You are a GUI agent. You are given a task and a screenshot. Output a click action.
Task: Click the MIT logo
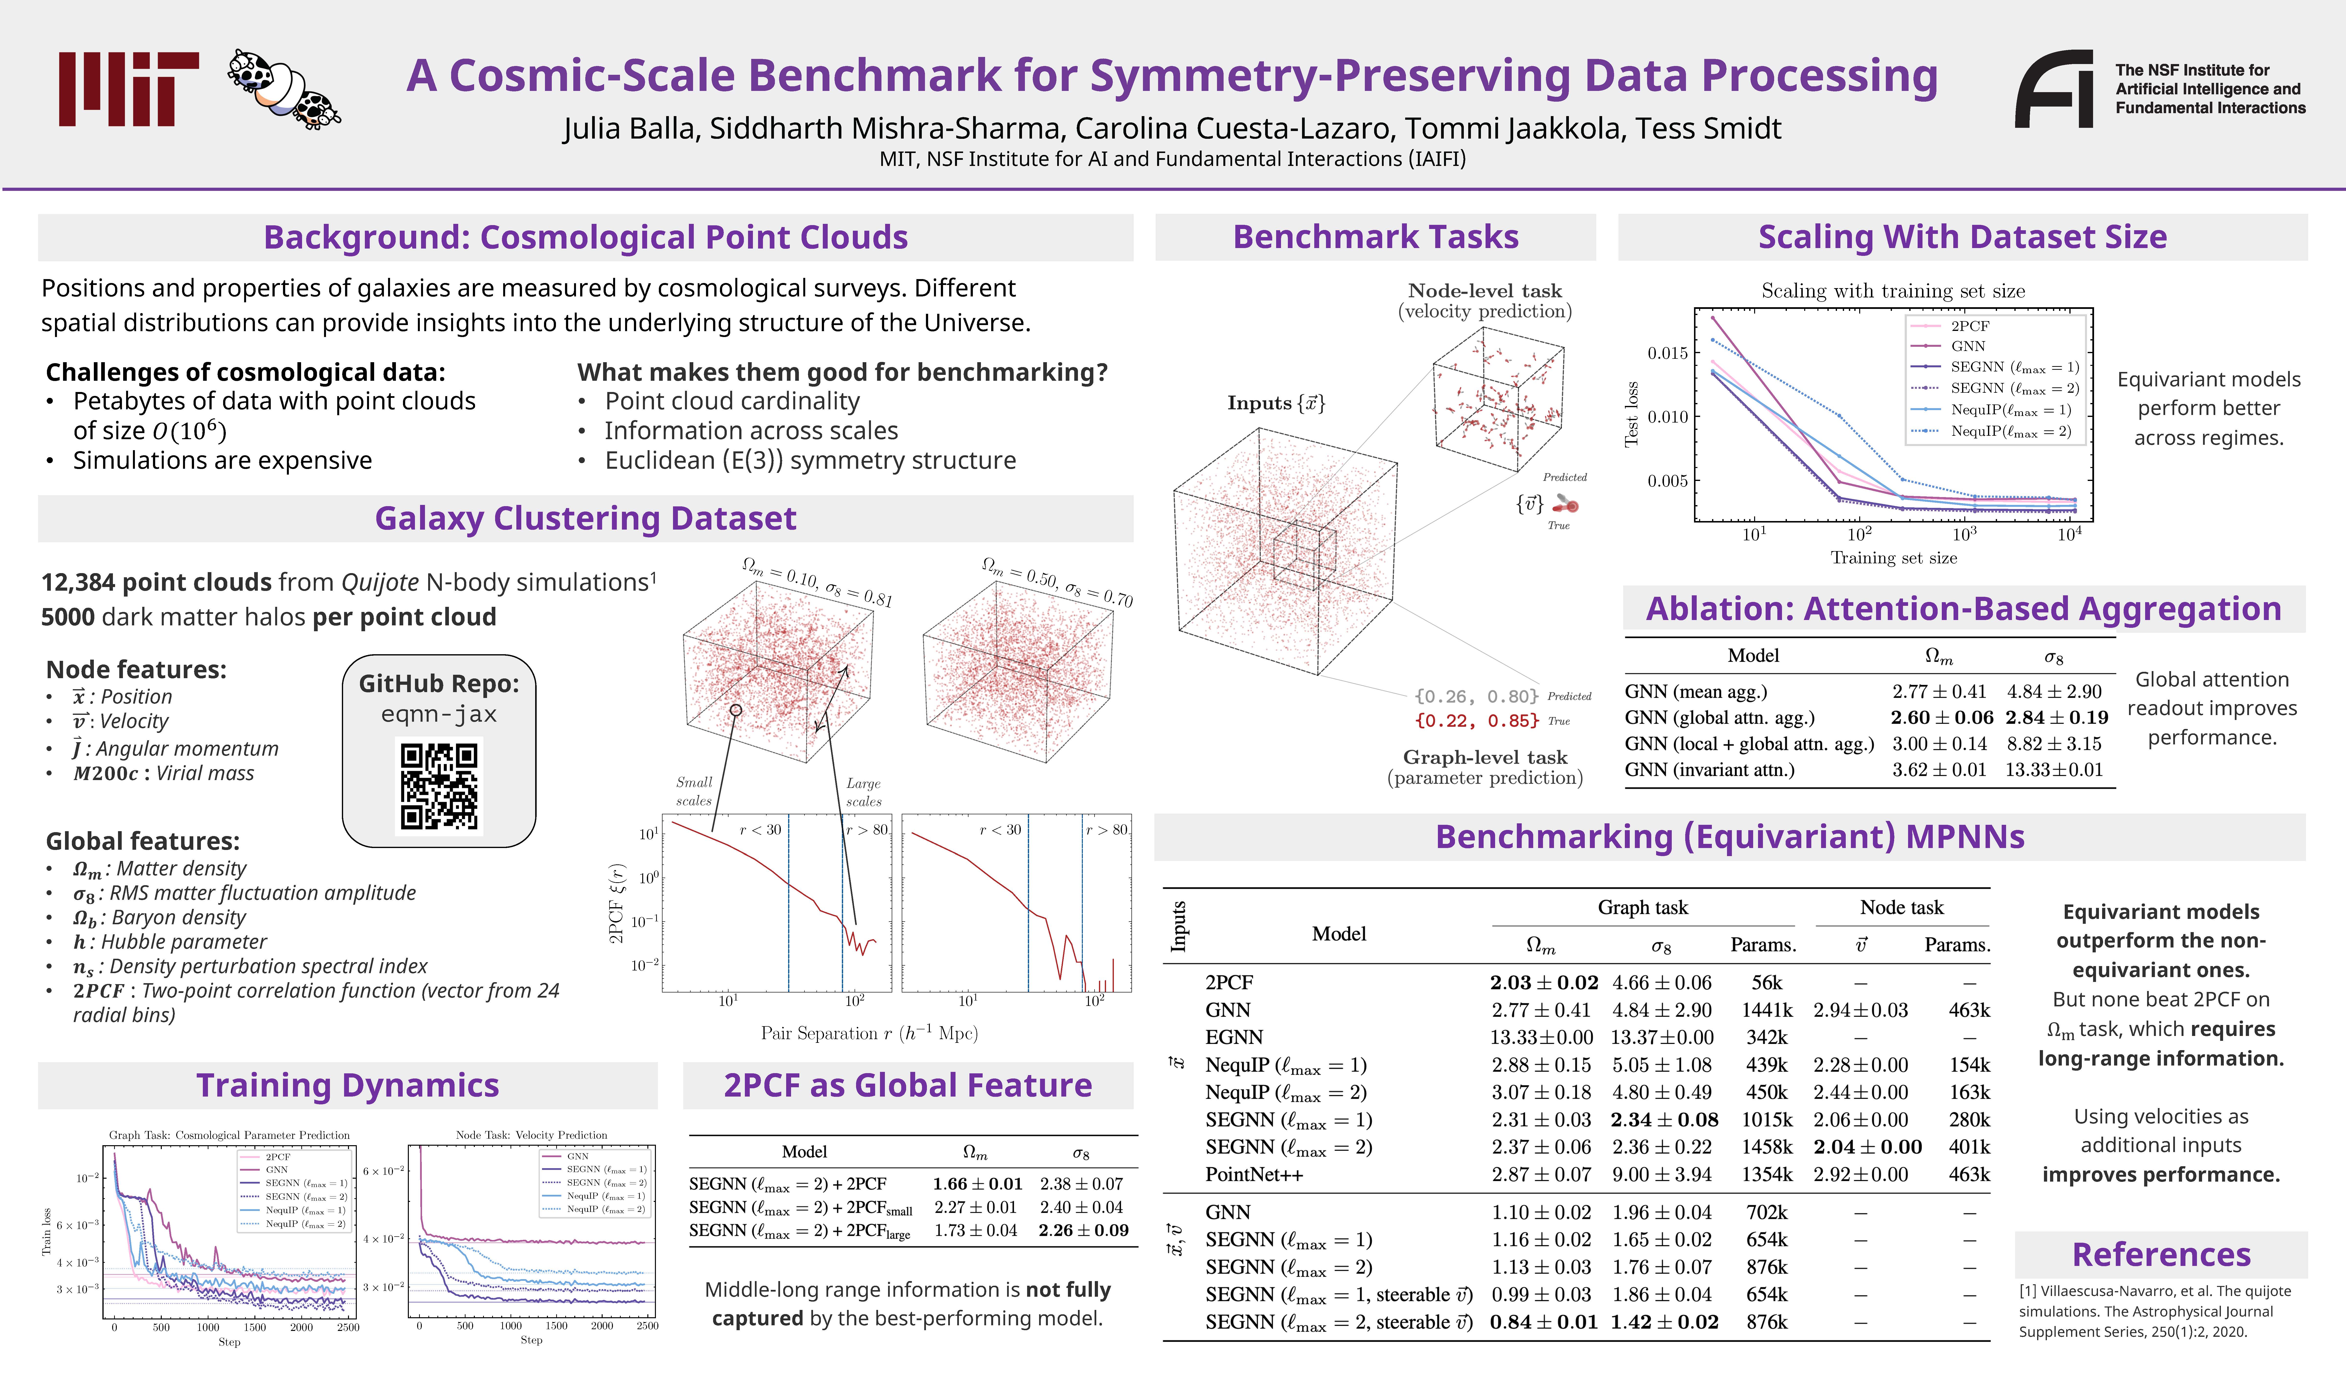point(129,89)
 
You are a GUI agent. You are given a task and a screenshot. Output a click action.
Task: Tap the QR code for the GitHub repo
point(439,787)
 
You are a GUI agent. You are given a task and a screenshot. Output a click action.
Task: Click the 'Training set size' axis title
point(1894,558)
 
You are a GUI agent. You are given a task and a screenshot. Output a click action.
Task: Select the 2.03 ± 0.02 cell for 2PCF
point(1544,983)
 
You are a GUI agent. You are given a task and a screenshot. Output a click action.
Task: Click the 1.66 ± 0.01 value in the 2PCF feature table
point(977,1185)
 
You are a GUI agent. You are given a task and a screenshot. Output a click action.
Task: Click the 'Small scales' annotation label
point(695,791)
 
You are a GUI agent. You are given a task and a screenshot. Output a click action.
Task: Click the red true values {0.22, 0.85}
point(1476,721)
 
